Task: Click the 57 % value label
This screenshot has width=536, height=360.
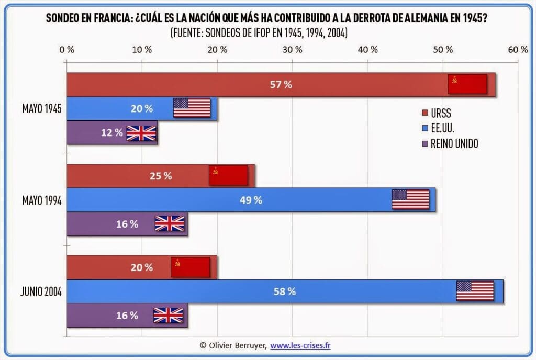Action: point(281,85)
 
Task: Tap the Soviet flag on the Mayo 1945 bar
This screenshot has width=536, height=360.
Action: point(467,84)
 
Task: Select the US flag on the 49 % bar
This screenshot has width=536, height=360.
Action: point(410,199)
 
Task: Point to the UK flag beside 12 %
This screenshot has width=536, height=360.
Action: point(141,133)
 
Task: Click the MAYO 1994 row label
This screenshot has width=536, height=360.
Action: point(42,200)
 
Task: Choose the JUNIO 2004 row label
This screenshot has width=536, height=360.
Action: point(42,291)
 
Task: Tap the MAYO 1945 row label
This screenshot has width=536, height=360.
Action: point(42,109)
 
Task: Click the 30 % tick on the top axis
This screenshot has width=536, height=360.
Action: point(292,50)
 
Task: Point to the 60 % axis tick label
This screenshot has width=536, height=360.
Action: point(518,50)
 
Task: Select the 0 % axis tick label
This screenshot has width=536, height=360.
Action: point(66,50)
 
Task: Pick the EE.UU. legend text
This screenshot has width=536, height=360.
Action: point(442,128)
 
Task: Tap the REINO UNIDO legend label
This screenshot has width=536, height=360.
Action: point(454,143)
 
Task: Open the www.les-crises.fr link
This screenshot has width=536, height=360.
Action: point(300,345)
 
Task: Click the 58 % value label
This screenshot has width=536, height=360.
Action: point(285,291)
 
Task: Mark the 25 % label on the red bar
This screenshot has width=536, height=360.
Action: point(161,176)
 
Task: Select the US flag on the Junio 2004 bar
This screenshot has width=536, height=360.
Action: point(475,291)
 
